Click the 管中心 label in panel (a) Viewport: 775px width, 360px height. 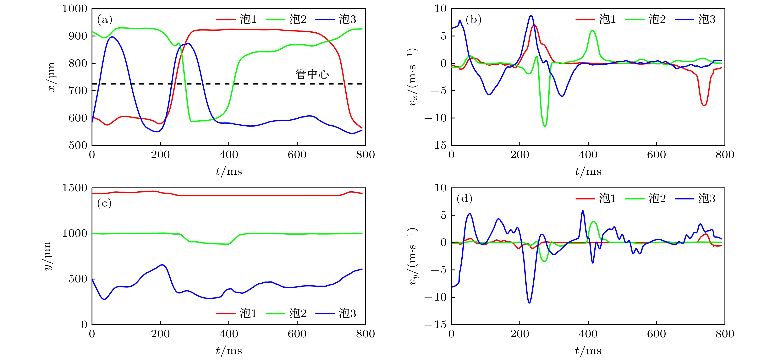(x=312, y=74)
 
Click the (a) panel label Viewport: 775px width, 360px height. (x=104, y=20)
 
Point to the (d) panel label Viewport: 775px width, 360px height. (x=464, y=199)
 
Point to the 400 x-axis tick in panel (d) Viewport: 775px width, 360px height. (x=588, y=334)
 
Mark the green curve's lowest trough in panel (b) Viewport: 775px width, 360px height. (x=545, y=126)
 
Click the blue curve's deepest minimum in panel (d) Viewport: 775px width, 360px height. (x=529, y=303)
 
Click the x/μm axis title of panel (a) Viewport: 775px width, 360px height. (x=51, y=77)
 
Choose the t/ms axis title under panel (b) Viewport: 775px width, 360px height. (x=588, y=172)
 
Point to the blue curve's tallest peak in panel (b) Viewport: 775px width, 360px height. (x=531, y=16)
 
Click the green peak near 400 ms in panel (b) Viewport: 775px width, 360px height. (x=592, y=30)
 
